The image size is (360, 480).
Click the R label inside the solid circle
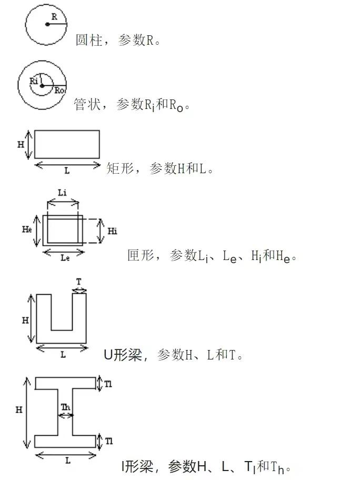click(54, 17)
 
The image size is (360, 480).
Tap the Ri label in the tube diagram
click(35, 81)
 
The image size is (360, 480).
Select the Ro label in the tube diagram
click(59, 91)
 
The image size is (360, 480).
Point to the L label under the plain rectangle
click(67, 171)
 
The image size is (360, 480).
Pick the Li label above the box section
click(62, 193)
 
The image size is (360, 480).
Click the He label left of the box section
click(26, 229)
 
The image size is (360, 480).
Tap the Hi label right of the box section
click(112, 231)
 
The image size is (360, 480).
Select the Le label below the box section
click(65, 258)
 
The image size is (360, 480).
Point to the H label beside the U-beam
click(25, 319)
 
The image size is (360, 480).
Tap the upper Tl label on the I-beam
click(108, 384)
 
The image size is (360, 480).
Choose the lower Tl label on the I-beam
click(108, 441)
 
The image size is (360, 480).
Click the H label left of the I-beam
click(19, 410)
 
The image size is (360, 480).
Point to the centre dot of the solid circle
click(47, 25)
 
